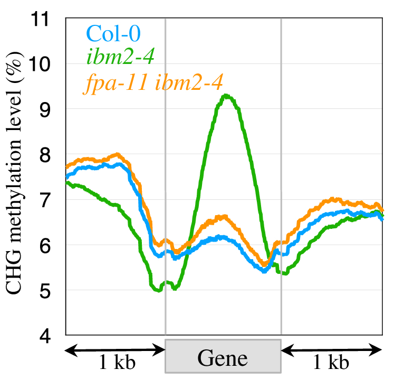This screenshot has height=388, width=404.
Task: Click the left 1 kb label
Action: click(x=117, y=363)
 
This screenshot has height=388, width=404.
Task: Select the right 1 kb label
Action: click(x=331, y=363)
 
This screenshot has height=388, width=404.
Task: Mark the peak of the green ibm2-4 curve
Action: click(x=226, y=96)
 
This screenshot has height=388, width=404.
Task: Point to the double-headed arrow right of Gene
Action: click(x=331, y=349)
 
